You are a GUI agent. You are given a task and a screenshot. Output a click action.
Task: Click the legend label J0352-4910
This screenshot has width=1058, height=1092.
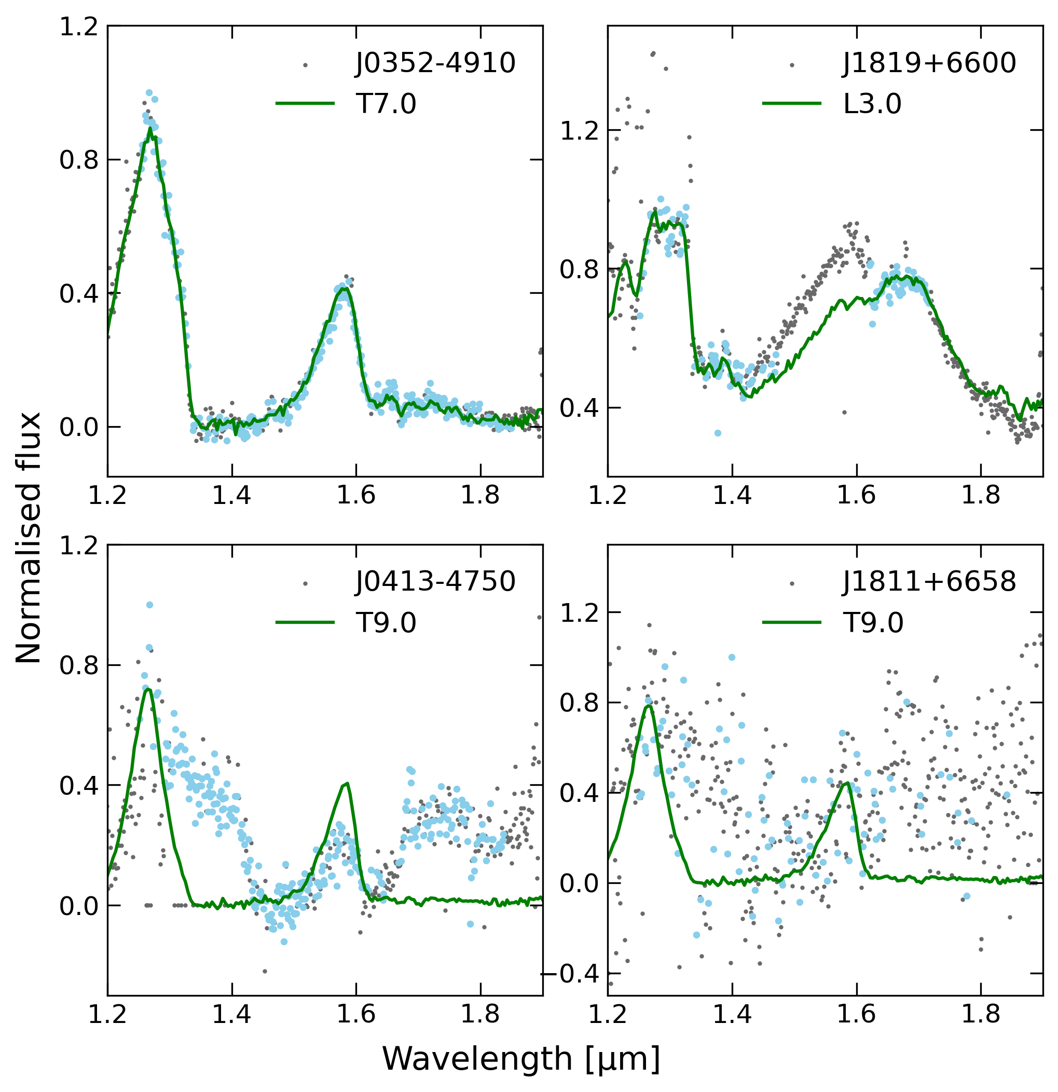[436, 63]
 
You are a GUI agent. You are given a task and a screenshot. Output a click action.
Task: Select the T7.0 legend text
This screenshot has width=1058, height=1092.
[386, 104]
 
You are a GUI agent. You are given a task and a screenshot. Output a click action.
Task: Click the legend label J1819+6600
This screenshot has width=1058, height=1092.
[929, 63]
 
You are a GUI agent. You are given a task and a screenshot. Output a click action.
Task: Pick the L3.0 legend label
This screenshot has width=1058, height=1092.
[872, 104]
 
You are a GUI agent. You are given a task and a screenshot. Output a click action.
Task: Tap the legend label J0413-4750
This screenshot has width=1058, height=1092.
[436, 582]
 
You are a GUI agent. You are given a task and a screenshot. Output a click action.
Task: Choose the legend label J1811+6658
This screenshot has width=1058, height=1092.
[929, 582]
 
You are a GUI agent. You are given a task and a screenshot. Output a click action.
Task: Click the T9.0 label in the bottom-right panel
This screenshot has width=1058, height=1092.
[872, 623]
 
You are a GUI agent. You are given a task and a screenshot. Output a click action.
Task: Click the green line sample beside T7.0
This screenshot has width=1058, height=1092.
[305, 104]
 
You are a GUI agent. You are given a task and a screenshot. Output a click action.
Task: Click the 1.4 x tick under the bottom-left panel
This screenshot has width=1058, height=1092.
[231, 1015]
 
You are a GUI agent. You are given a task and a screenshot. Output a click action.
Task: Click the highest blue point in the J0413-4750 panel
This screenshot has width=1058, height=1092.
[149, 605]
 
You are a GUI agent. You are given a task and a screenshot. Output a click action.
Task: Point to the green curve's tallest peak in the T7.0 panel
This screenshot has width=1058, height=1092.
[149, 128]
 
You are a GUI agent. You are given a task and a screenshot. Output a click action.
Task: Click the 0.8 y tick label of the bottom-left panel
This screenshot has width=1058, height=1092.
[78, 665]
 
